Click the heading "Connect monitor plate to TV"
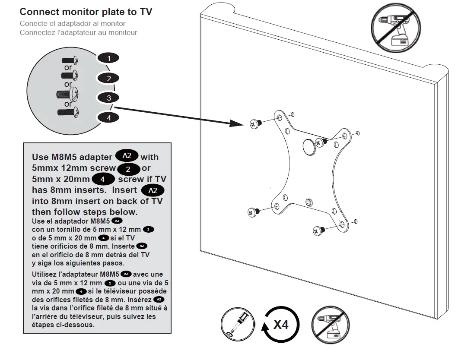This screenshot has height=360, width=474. coord(86,12)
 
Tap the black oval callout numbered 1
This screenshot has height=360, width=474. coord(108,58)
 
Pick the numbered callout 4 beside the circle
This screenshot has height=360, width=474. coord(108,117)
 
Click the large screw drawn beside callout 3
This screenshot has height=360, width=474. coord(67,93)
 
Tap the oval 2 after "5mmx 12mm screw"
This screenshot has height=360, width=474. coord(128,169)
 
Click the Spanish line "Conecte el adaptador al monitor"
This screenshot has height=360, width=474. coord(73,24)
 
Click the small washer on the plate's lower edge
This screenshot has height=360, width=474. coord(308,202)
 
